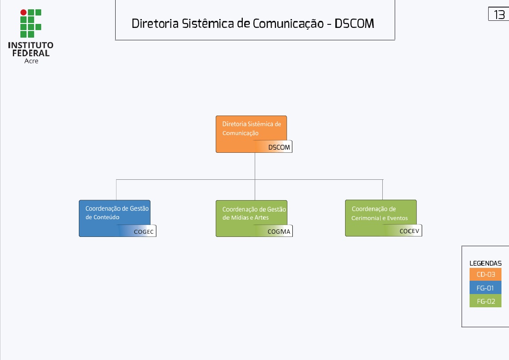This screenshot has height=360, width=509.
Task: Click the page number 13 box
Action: [499, 14]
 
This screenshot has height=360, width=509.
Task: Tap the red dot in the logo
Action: [23, 12]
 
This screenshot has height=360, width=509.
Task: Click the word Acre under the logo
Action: [31, 61]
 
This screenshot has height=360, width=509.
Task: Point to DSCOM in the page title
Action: [354, 23]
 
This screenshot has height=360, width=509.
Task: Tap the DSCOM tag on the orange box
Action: [279, 147]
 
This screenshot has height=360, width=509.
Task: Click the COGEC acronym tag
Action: [144, 232]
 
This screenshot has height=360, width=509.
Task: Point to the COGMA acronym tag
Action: [279, 232]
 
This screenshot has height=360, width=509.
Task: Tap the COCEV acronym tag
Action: [409, 231]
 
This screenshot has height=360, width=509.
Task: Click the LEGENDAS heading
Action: [486, 263]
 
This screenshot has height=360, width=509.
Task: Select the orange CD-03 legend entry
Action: [486, 275]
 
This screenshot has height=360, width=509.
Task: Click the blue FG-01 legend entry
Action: [486, 288]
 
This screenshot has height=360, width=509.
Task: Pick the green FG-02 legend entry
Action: [486, 301]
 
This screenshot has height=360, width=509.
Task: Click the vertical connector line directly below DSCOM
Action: [255, 166]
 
